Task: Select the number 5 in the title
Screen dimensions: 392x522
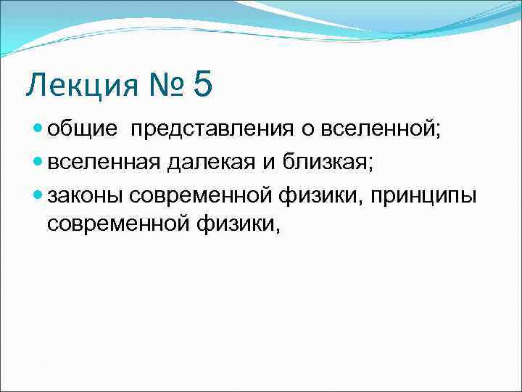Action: [x=203, y=84]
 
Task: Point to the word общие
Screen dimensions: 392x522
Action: [x=82, y=130]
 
